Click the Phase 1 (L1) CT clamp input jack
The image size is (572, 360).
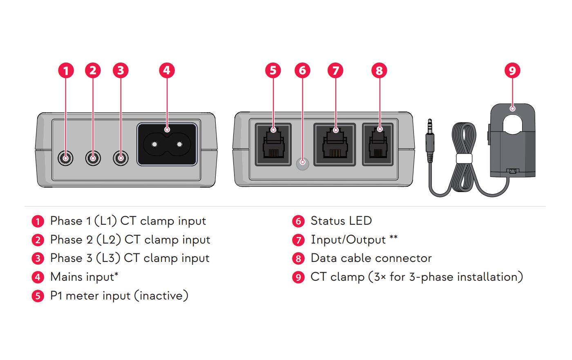[65, 158]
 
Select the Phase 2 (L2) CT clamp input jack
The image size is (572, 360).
[93, 158]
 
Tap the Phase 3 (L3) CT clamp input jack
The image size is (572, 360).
[121, 158]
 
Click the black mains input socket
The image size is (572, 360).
[167, 145]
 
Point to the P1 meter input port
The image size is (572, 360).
[273, 145]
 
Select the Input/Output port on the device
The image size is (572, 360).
[335, 145]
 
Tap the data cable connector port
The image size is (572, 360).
[378, 145]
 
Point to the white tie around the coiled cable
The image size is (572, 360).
[464, 159]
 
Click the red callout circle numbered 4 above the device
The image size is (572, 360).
[167, 70]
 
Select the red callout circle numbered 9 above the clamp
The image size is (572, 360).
[512, 70]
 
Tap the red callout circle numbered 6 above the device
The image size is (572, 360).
[302, 70]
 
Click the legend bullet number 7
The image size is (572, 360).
[298, 240]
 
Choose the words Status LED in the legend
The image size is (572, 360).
[341, 221]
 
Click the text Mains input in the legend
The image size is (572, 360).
[82, 277]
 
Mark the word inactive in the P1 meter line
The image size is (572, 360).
[162, 295]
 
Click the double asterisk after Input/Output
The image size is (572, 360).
[393, 238]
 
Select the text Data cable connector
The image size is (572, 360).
[371, 258]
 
